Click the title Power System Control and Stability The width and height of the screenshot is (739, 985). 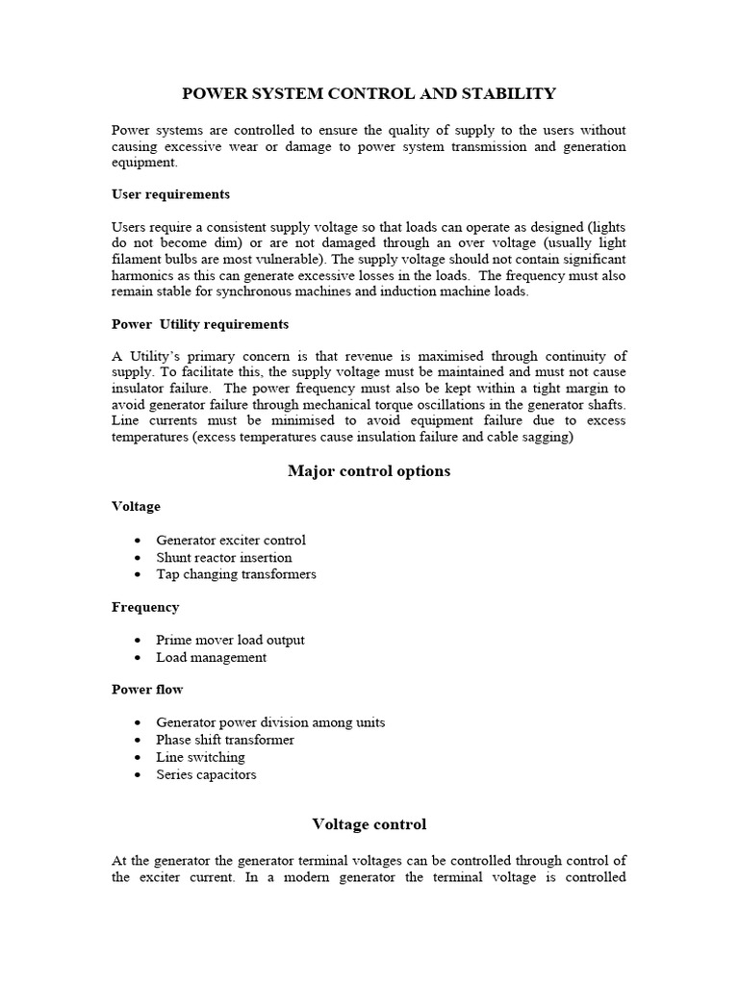pyautogui.click(x=369, y=93)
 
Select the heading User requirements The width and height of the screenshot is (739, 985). pyautogui.click(x=170, y=194)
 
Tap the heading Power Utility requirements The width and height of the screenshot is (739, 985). pyautogui.click(x=200, y=324)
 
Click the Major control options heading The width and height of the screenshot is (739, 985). pyautogui.click(x=369, y=471)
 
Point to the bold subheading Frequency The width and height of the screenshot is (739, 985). pyautogui.click(x=145, y=607)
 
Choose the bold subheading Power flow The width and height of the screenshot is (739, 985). pyautogui.click(x=147, y=690)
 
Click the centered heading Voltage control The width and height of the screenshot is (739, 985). pyautogui.click(x=369, y=824)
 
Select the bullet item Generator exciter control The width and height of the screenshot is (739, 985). pyautogui.click(x=231, y=541)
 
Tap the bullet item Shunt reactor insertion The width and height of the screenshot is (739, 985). pyautogui.click(x=224, y=557)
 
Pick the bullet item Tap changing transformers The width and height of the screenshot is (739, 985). pyautogui.click(x=236, y=574)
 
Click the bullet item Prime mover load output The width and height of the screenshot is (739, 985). pyautogui.click(x=230, y=640)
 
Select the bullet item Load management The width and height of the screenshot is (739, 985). pyautogui.click(x=212, y=658)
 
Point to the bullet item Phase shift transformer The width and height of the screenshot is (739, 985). pyautogui.click(x=225, y=740)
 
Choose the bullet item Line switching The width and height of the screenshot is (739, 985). pyautogui.click(x=200, y=757)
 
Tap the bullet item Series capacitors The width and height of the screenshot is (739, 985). pyautogui.click(x=206, y=774)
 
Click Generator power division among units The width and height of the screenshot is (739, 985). pyautogui.click(x=270, y=722)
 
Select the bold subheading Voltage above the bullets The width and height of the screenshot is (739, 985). pyautogui.click(x=137, y=506)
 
